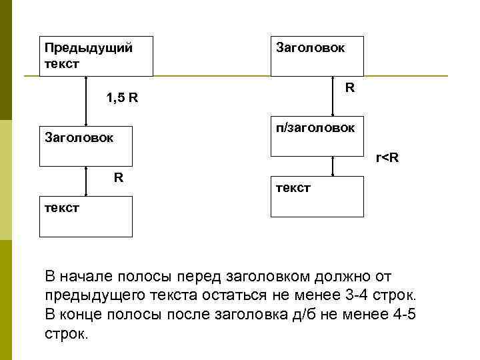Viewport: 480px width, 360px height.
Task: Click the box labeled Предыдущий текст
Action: pos(96,56)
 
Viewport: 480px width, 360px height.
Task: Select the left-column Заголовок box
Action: pos(86,145)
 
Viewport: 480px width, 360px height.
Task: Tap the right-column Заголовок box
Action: pos(317,56)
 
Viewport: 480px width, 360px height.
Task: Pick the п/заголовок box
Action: pos(317,136)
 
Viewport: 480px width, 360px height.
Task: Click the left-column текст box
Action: pos(86,217)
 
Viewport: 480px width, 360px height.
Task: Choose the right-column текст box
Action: pos(317,196)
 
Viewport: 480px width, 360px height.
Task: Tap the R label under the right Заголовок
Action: pos(349,88)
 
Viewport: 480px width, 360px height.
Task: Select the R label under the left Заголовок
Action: pos(118,177)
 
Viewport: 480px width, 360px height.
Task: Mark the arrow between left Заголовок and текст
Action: pos(87,181)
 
